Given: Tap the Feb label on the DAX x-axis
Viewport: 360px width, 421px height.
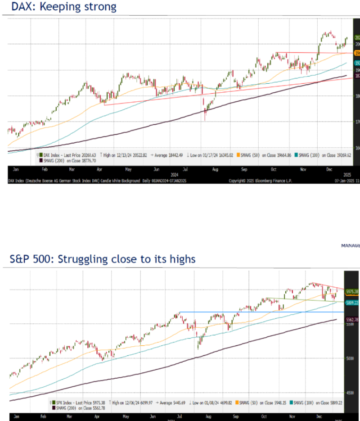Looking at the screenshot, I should pos(44,170).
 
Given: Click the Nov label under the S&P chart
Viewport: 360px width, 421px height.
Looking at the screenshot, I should pos(293,417).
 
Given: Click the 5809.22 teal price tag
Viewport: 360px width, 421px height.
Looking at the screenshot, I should pos(352,303).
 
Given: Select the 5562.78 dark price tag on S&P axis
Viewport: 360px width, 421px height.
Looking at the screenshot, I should pos(352,320).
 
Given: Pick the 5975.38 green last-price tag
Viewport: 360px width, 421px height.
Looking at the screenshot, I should pos(352,291).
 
